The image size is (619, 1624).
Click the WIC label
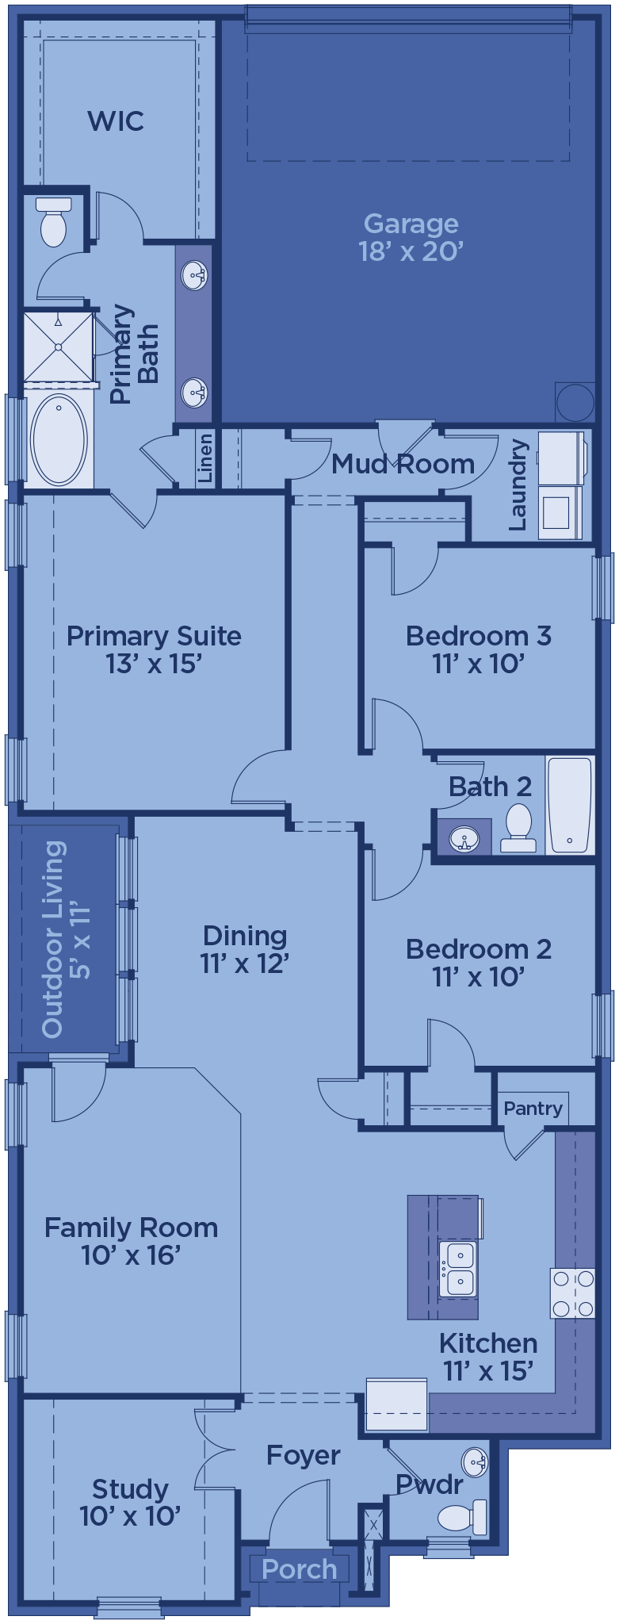(116, 121)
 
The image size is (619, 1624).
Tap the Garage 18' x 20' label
(411, 237)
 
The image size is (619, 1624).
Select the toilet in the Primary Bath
(53, 222)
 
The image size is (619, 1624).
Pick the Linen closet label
(205, 458)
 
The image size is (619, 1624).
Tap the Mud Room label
(403, 464)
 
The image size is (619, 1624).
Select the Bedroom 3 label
(479, 649)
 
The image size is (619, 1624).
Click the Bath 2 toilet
(519, 829)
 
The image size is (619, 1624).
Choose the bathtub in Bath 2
(570, 805)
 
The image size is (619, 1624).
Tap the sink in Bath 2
(464, 838)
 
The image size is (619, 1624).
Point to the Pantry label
(533, 1108)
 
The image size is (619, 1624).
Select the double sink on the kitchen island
(458, 1270)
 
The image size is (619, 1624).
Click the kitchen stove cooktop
(573, 1293)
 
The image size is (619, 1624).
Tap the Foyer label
(303, 1456)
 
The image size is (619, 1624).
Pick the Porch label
(299, 1569)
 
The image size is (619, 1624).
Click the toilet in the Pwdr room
(463, 1517)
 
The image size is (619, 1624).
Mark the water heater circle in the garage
(575, 402)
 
